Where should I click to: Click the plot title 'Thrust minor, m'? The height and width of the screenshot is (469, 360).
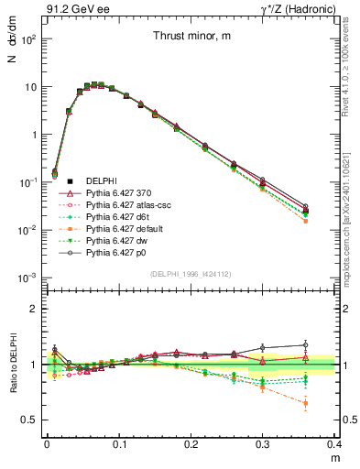pos(191,36)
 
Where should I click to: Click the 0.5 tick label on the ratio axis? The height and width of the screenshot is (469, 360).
pos(32,420)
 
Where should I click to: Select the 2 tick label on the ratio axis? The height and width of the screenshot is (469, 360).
pos(35,309)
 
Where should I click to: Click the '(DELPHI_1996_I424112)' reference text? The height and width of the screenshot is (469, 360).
pos(190,273)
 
